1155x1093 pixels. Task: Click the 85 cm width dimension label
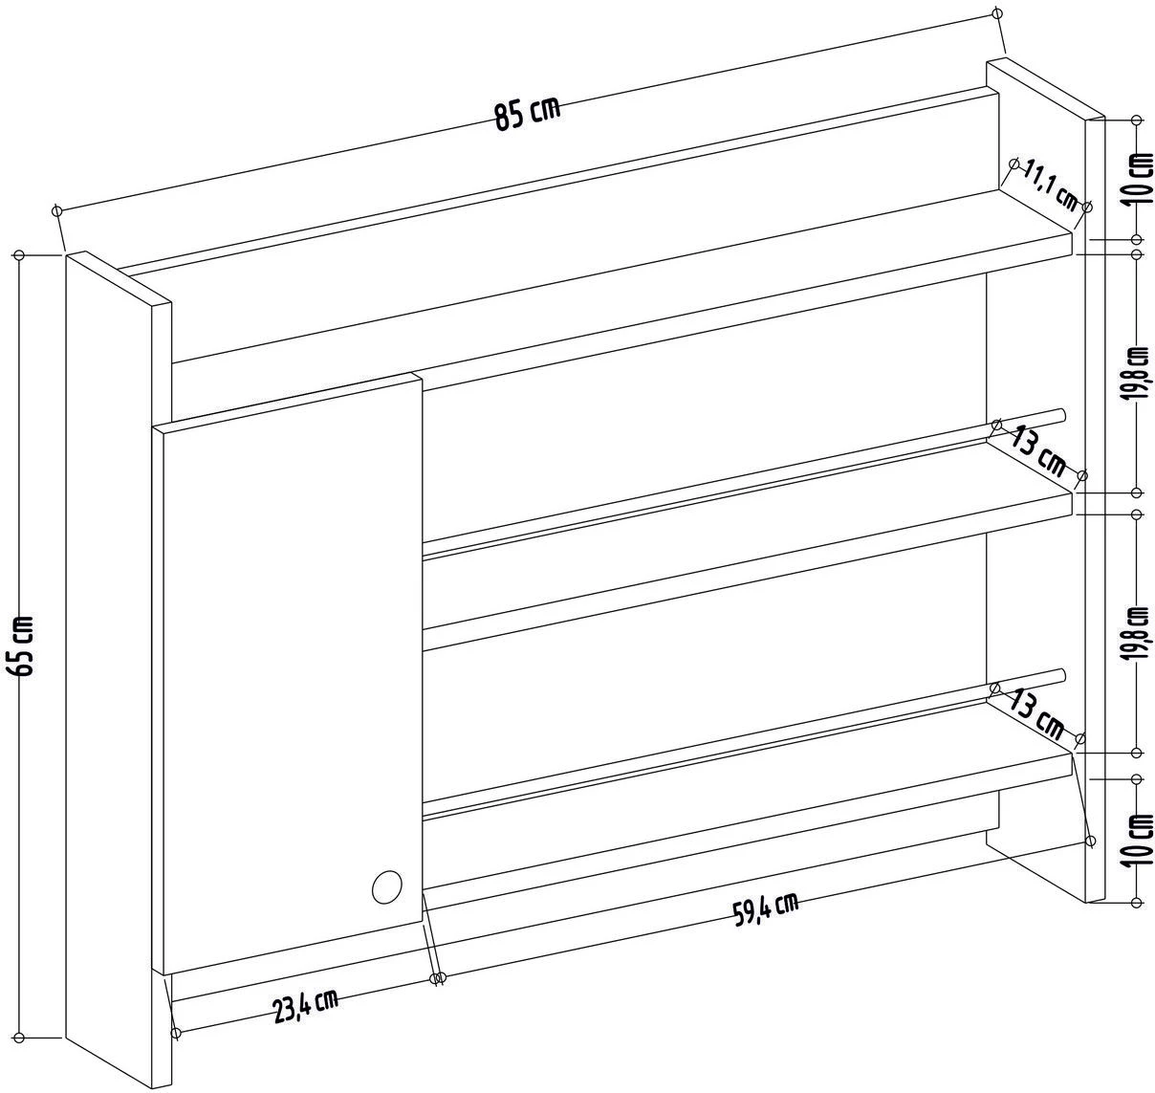[527, 114]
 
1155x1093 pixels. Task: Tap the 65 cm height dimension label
[24, 645]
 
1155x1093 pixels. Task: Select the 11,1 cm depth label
[1051, 187]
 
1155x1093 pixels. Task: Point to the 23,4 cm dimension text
[305, 1006]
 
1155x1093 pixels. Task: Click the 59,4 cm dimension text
[766, 909]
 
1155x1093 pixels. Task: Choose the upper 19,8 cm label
[1138, 373]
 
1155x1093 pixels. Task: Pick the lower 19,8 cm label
[1138, 633]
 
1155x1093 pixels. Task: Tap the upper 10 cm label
[1142, 178]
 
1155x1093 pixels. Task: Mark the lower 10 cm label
[1142, 840]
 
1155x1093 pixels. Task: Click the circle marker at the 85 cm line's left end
[57, 209]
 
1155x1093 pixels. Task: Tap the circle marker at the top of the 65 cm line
[19, 255]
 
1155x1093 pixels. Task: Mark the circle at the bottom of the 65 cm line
[19, 1038]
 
